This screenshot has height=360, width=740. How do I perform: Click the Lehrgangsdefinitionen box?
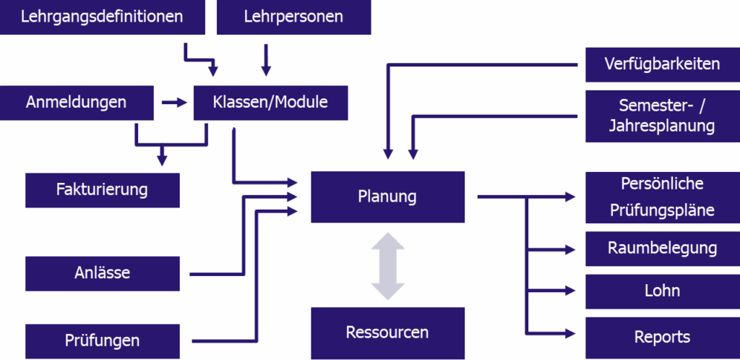coord(101,16)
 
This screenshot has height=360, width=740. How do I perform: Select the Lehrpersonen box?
coord(293,16)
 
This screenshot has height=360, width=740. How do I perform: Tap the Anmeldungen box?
coord(76,102)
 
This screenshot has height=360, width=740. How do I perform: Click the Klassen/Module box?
coord(270,102)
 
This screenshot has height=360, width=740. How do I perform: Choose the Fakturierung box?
coord(102,190)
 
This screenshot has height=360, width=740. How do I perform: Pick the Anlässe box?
coord(102,273)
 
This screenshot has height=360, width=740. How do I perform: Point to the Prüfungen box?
coord(102,340)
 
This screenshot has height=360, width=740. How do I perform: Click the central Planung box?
coord(387,196)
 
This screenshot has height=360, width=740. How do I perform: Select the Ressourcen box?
coord(387,333)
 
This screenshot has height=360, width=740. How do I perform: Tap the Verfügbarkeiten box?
coord(662,64)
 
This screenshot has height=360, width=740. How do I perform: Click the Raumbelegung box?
coord(662,249)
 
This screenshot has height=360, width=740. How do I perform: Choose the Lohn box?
coord(662,291)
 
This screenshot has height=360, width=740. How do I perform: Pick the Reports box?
coord(662,337)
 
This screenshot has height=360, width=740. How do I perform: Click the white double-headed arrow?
coord(388,266)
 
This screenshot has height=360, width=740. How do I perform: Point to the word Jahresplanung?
coord(662,127)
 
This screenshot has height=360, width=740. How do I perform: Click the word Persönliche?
coord(662,183)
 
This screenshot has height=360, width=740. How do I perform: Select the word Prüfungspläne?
coord(662,210)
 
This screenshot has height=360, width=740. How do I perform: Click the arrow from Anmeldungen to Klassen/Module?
coord(173,103)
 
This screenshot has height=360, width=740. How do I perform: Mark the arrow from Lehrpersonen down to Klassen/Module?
coord(267,61)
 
